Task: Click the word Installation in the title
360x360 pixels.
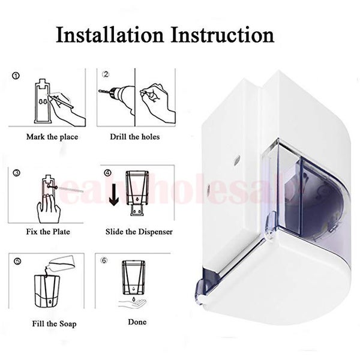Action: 109,34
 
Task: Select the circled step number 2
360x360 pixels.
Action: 106,74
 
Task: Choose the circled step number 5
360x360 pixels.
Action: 16,262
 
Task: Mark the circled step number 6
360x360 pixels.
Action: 106,261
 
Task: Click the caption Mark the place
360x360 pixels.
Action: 52,137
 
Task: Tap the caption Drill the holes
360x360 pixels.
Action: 135,137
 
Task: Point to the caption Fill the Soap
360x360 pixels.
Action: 54,324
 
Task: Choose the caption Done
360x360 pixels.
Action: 137,322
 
